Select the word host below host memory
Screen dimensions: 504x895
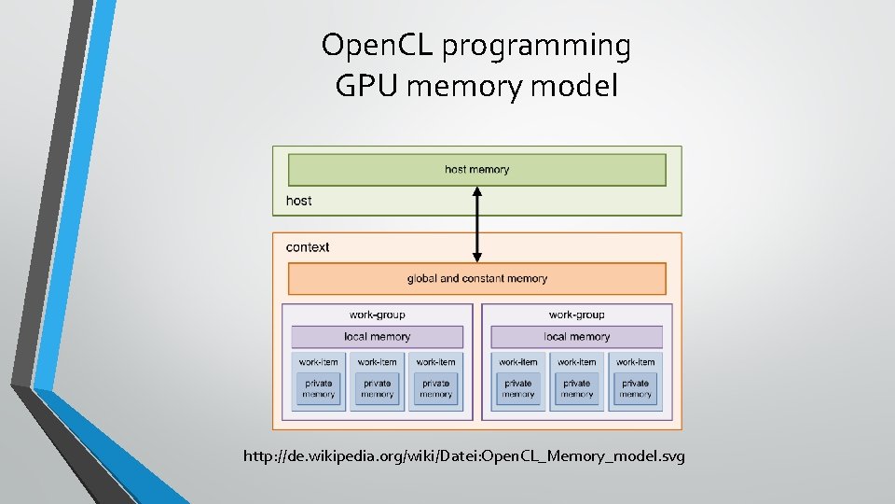[x=299, y=201]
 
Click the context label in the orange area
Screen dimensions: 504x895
[x=308, y=247]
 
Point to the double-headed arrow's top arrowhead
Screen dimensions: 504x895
[x=476, y=192]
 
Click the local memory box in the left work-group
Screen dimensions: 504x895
[x=378, y=337]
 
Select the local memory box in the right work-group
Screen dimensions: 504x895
[x=577, y=337]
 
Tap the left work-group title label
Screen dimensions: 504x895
[x=378, y=315]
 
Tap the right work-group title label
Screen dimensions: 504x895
[x=577, y=315]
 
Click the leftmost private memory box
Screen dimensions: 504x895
[x=318, y=388]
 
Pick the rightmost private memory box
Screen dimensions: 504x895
[x=635, y=388]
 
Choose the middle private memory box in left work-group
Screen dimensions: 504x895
[x=377, y=388]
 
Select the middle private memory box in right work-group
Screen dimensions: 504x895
[x=577, y=388]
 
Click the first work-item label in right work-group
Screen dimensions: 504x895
[x=518, y=362]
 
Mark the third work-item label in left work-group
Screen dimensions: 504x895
[x=435, y=362]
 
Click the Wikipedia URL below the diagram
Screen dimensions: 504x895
[x=463, y=456]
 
